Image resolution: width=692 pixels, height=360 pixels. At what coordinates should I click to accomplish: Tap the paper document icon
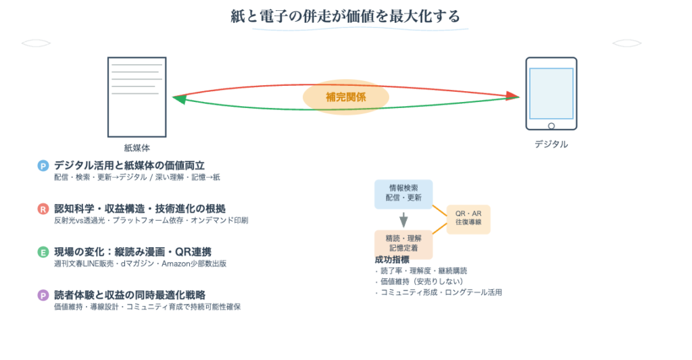coord(137,97)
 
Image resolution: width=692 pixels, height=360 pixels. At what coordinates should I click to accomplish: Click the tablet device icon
coord(551,93)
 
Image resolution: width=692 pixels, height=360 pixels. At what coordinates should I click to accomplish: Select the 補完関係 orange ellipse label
coord(346,97)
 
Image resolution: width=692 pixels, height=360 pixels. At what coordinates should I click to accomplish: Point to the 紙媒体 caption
coord(137,147)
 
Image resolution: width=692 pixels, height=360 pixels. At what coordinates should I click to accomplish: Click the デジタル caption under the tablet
coord(551,144)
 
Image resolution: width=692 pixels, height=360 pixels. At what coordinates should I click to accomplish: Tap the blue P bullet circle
coord(43,165)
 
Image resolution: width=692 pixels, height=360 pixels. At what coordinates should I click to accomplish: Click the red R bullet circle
coord(43,209)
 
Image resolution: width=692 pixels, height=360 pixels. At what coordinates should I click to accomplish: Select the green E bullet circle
coord(43,252)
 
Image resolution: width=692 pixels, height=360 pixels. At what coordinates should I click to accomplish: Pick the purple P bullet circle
coord(43,295)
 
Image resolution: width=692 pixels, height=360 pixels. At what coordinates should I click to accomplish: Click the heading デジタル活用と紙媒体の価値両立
coord(129,165)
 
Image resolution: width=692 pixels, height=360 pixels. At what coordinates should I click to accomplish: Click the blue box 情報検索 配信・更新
coord(403,193)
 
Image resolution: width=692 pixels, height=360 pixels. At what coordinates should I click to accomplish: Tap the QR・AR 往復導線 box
coord(468,219)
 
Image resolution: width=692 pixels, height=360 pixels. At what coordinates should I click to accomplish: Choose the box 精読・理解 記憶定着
coord(403,243)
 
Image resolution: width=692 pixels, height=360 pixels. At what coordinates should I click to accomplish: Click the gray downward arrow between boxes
coord(403,220)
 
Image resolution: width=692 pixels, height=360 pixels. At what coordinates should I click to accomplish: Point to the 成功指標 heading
coord(392,260)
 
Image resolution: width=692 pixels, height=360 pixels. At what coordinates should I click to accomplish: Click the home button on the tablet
coord(551,126)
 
